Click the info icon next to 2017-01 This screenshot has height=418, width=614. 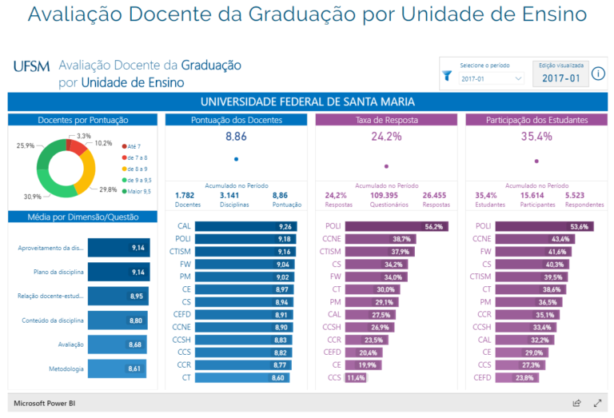click(599, 74)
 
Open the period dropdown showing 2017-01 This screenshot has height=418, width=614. click(491, 78)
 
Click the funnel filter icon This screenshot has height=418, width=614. click(447, 76)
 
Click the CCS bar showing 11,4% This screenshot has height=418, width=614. click(356, 377)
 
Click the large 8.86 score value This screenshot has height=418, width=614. click(236, 137)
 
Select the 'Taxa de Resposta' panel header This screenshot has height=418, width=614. click(386, 120)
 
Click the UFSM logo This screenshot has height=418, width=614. click(31, 66)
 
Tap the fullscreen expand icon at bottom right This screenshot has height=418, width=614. click(597, 404)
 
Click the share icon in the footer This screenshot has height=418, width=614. click(576, 404)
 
